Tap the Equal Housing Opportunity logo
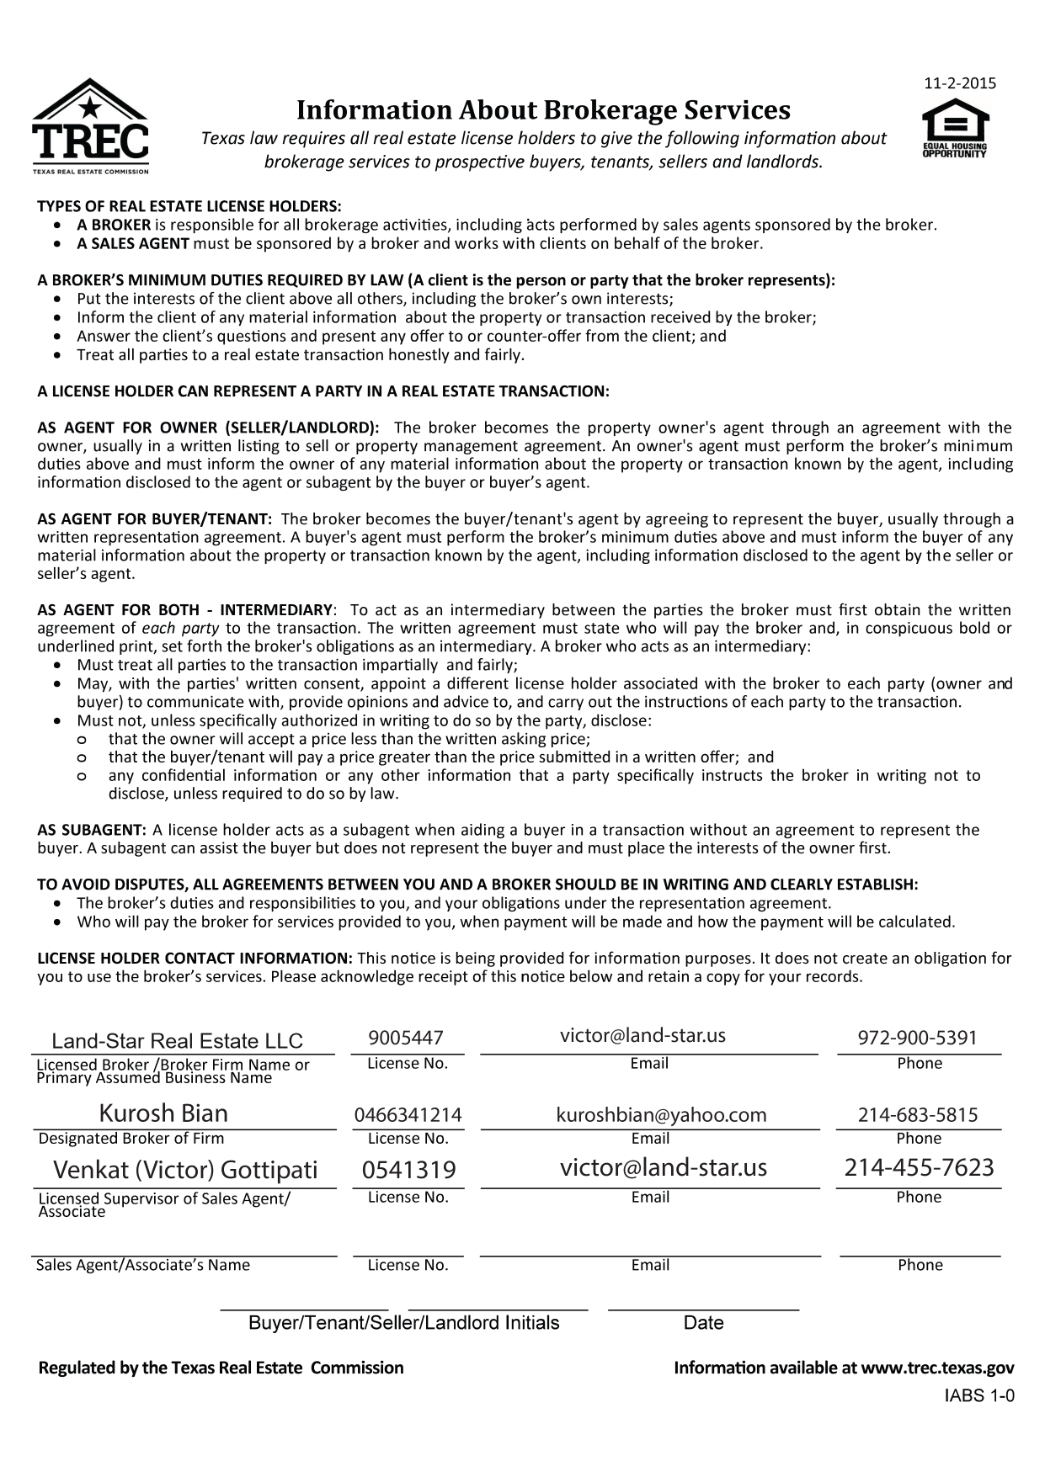click(955, 129)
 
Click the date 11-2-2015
click(960, 83)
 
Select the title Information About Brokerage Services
click(543, 110)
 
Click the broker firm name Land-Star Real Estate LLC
click(177, 1041)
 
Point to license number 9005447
click(406, 1039)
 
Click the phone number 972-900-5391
click(918, 1038)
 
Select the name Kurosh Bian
click(163, 1114)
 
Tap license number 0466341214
click(408, 1116)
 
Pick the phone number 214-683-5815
click(918, 1116)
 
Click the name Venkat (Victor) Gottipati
click(185, 1170)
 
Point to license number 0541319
click(408, 1171)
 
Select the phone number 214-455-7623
click(919, 1167)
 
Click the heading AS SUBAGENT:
click(93, 831)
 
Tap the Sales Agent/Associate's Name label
click(143, 1265)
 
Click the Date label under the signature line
click(703, 1323)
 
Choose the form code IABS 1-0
click(979, 1396)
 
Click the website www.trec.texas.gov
click(937, 1368)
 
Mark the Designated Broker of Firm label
click(131, 1139)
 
